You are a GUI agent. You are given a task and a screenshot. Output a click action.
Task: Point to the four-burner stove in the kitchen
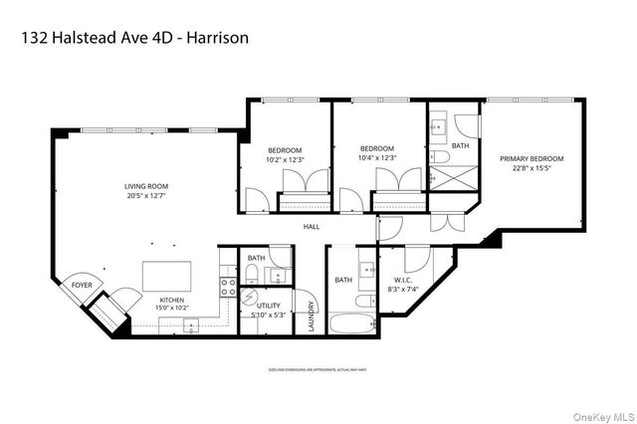click(227, 290)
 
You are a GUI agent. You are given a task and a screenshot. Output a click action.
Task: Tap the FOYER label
click(82, 285)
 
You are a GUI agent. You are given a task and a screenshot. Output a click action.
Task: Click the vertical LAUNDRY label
click(312, 316)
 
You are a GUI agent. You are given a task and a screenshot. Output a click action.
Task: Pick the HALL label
click(312, 226)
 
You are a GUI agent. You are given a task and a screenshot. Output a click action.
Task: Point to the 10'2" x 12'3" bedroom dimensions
click(284, 158)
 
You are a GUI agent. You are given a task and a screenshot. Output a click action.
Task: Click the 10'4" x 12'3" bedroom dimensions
click(377, 158)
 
